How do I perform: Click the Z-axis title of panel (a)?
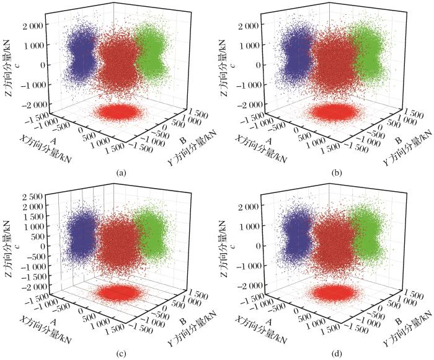(x=7, y=62)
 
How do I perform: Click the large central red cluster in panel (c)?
(x=118, y=242)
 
